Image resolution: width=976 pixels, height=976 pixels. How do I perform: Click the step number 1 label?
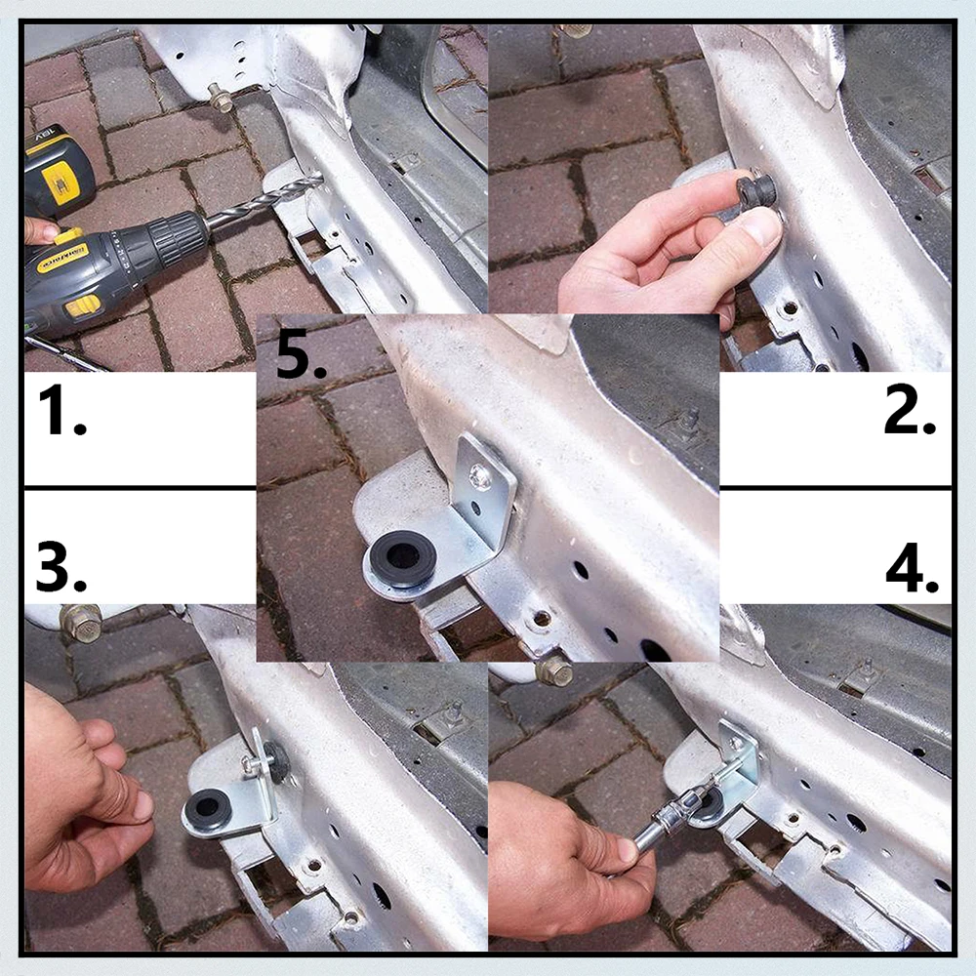coord(61,410)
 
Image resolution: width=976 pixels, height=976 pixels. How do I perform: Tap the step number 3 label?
coord(61,566)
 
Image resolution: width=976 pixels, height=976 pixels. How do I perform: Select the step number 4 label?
coord(912,567)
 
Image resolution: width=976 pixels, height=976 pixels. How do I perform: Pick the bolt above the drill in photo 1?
coord(220,98)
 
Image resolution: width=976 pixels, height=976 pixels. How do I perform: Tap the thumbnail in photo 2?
coord(762,226)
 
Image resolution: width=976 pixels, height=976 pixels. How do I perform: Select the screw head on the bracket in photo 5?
coord(480,477)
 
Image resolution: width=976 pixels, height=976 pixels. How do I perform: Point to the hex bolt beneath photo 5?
coord(553,671)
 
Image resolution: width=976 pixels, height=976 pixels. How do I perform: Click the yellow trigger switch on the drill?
coord(66,236)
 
